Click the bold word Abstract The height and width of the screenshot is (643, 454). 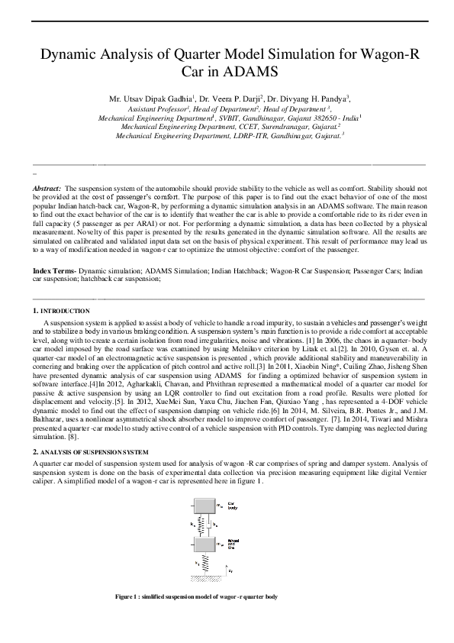(47, 187)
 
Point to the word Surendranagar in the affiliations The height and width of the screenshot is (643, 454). (288, 126)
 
